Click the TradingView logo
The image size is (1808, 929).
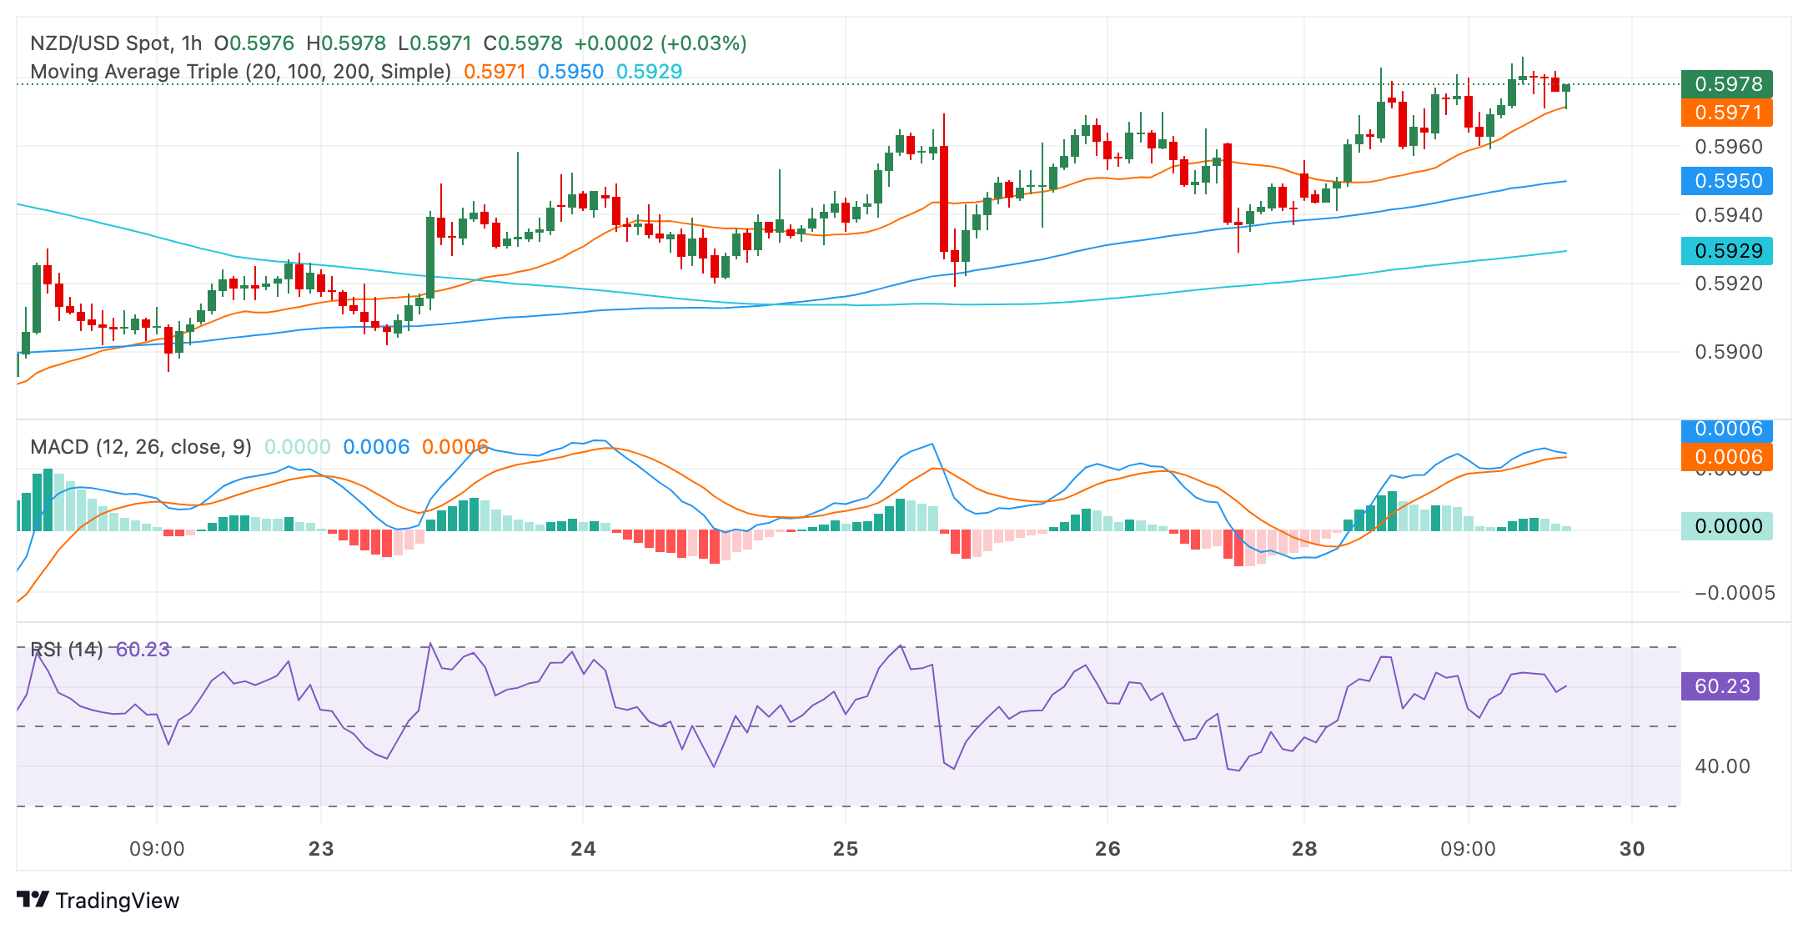pos(98,901)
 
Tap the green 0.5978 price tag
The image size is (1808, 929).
pos(1726,84)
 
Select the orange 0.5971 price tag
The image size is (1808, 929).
pos(1726,113)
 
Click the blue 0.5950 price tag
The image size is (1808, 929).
pos(1726,181)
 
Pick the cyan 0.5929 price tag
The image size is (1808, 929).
pos(1726,251)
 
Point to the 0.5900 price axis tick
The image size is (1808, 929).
pos(1728,352)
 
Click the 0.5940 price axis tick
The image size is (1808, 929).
pos(1728,215)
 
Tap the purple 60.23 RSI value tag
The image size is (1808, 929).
pos(1720,686)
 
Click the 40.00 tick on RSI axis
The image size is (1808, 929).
pos(1722,766)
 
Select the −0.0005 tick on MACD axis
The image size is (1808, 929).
pos(1734,593)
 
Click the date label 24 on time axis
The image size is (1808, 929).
pos(583,849)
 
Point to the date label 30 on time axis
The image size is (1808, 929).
pos(1632,849)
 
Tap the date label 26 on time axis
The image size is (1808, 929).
pos(1107,849)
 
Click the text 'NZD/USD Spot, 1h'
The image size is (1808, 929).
pos(116,43)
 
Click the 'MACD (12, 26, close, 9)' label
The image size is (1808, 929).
pos(141,447)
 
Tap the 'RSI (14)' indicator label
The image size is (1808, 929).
pos(67,650)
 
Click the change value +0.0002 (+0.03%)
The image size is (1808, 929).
pos(660,43)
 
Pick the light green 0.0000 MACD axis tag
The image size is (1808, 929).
pos(1726,526)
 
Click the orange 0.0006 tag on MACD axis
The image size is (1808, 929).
pos(1726,457)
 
